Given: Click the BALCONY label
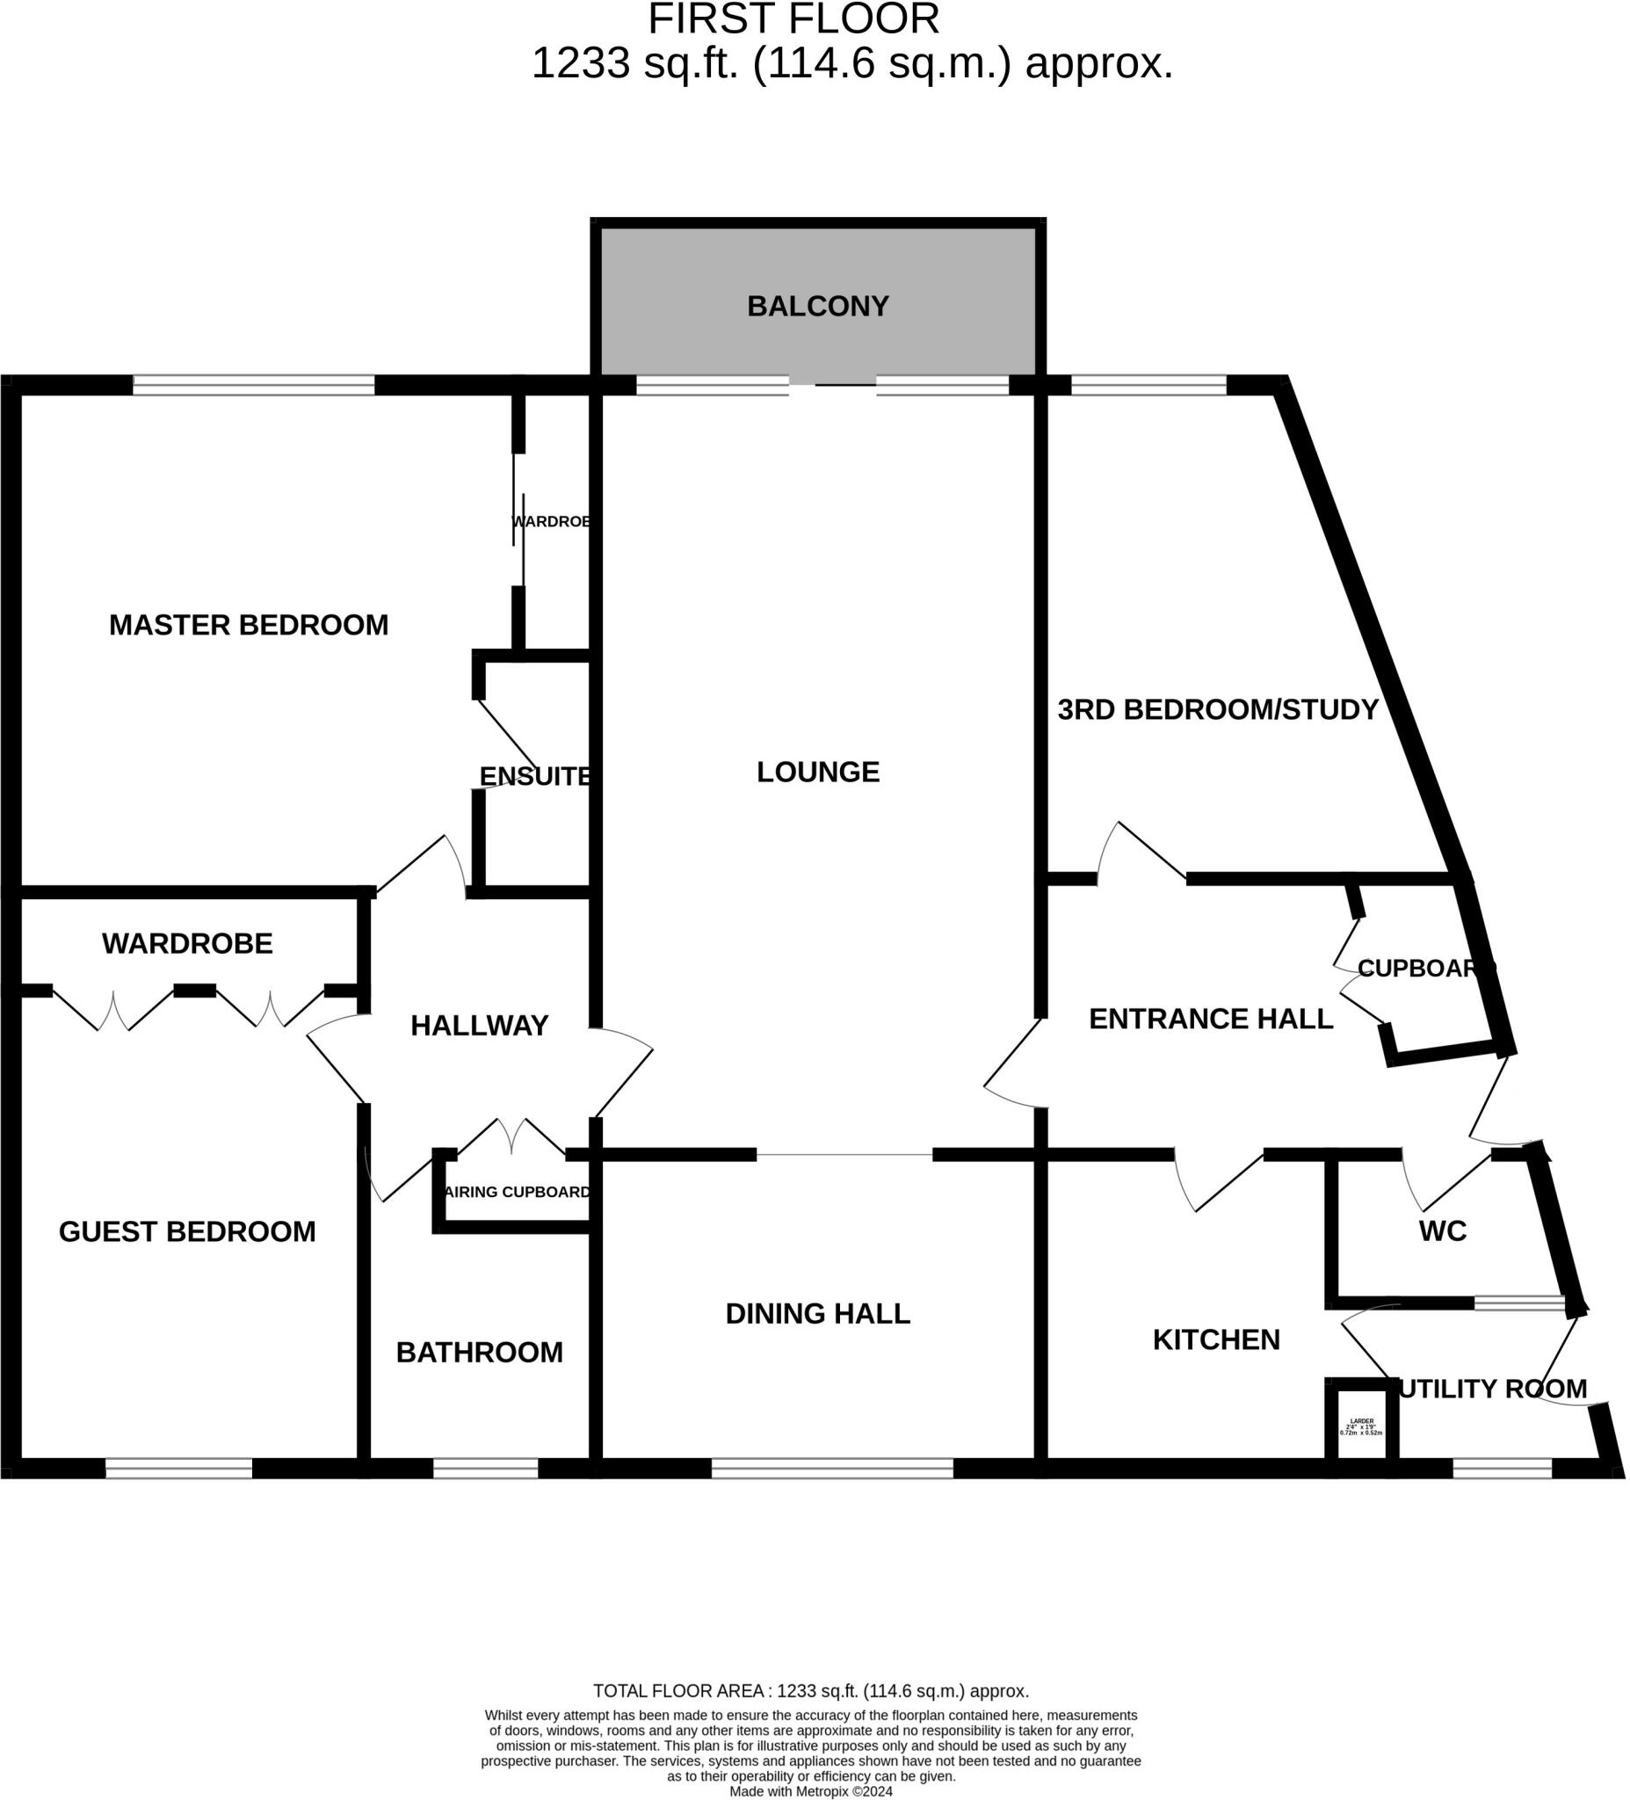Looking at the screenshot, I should point(818,306).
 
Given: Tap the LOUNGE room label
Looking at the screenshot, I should point(818,773).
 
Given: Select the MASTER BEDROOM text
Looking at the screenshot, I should point(248,625).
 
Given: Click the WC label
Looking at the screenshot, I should point(1443,1231).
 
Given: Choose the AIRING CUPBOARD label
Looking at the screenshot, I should point(518,1192).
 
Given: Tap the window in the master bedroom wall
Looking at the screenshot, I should point(254,385).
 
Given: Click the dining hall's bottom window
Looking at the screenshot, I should point(832,1469).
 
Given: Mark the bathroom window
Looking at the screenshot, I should point(486,1469).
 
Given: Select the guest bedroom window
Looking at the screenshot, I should point(178,1469).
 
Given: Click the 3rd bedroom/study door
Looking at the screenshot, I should point(1142,853).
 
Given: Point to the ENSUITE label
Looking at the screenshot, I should point(536,777).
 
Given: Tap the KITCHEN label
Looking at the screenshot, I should point(1216,1339).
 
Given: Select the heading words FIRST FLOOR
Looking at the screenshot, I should point(793,19).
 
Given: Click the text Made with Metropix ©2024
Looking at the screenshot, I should point(810,1791).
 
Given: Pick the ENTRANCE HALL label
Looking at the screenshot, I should point(1211,1019).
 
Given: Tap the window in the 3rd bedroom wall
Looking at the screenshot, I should point(1148,385).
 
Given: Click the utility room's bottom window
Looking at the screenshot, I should point(1503,1469).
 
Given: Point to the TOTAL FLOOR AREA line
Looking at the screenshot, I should point(810,1691).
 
